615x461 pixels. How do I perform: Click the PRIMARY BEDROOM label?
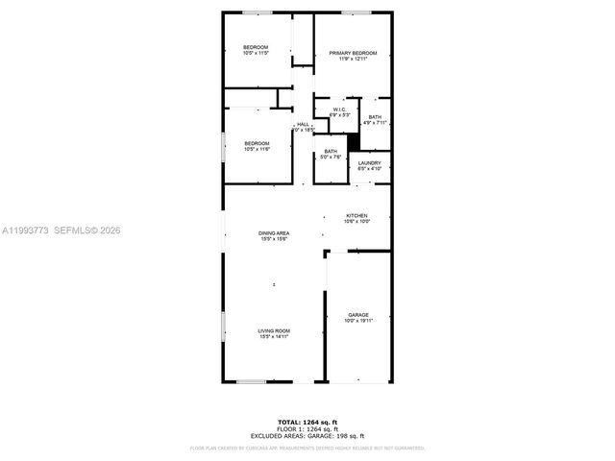point(353,53)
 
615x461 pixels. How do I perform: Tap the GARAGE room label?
point(358,314)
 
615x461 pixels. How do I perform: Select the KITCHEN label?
point(357,216)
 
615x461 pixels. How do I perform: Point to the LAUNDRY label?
point(370,162)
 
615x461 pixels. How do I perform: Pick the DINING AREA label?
point(274,233)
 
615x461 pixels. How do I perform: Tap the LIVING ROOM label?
point(274,331)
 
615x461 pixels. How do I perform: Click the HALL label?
point(304,124)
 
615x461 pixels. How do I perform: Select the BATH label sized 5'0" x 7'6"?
point(331,151)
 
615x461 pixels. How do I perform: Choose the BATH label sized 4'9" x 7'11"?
point(375,117)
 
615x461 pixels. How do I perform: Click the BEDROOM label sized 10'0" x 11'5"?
point(255,48)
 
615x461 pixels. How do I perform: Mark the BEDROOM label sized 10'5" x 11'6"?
point(257,144)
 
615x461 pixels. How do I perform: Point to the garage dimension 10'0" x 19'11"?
point(358,321)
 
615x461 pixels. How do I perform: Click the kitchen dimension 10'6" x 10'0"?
point(357,223)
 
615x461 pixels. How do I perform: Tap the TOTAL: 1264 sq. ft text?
point(307,423)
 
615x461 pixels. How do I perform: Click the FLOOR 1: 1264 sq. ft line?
point(307,428)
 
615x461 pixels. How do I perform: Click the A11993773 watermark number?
point(23,230)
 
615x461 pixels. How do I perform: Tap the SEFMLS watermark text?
point(75,230)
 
